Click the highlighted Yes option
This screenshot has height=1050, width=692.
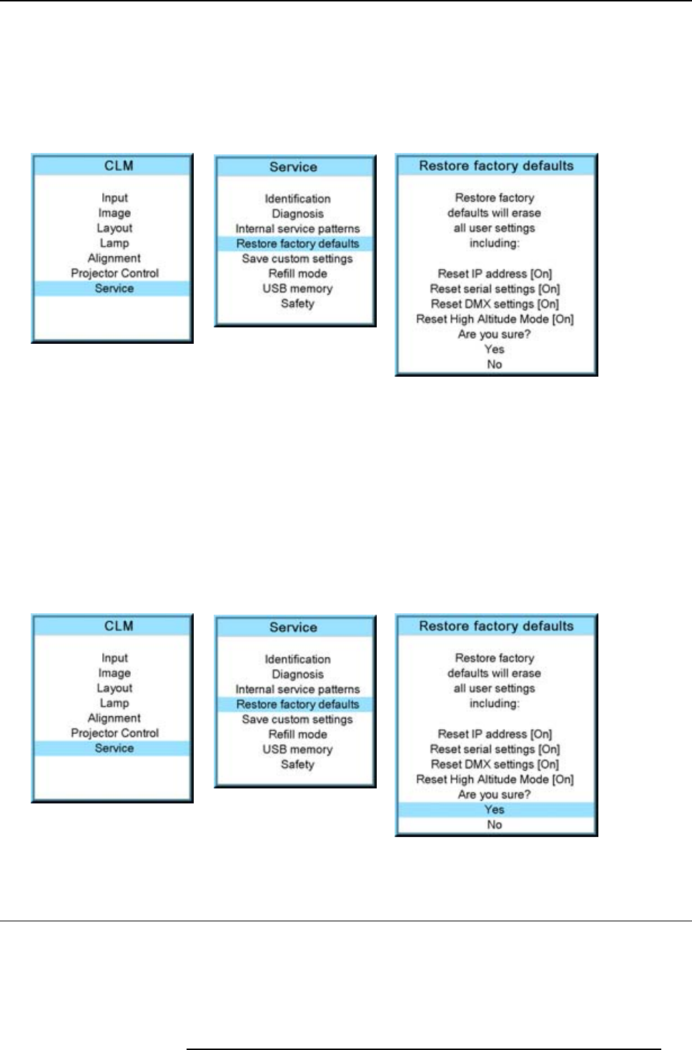coord(495,810)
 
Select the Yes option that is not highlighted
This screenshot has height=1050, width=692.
coord(495,350)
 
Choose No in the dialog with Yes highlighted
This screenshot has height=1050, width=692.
coord(495,825)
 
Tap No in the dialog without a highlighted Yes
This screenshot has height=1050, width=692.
coord(495,365)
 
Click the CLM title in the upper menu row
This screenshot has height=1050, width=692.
coord(119,166)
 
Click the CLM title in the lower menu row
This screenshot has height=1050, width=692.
coord(119,626)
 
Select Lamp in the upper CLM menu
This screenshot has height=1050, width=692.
coord(114,243)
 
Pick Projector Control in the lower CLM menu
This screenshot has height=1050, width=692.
coord(114,733)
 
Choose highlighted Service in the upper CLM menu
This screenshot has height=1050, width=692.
coord(114,288)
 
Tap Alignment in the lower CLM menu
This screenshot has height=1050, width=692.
coord(114,718)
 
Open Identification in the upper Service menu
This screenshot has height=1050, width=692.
coord(297,199)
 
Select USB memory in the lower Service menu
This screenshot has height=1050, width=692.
coord(297,750)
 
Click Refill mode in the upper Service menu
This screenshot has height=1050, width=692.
coord(297,274)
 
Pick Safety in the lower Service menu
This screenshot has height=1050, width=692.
coord(297,765)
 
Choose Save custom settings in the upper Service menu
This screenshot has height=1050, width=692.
coord(297,259)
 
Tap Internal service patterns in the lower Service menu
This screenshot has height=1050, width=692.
coord(297,690)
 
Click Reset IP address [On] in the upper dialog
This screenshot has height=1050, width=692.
coord(495,274)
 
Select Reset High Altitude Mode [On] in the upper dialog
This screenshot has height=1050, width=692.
coord(495,320)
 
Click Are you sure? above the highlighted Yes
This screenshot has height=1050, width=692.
coord(495,795)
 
